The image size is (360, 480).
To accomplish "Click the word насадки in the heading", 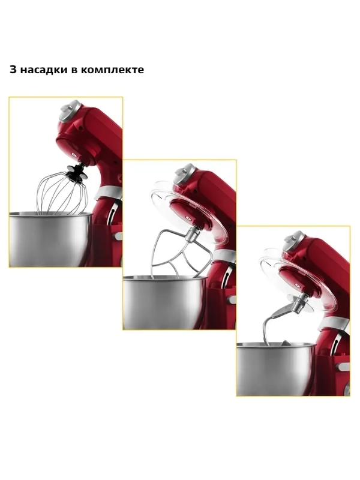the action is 44,70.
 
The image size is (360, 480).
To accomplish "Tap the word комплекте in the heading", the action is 112,70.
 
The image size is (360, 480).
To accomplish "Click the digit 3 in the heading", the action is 13,70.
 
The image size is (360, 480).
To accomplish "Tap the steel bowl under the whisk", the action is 51,239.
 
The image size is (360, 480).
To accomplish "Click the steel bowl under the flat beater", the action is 165,302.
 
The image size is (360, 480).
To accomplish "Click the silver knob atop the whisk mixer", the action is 71,110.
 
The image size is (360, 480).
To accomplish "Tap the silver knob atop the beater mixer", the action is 185,173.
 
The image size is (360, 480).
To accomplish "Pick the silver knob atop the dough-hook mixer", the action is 294,241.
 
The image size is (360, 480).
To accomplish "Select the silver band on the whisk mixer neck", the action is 108,192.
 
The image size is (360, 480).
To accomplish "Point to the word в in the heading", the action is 74,70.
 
